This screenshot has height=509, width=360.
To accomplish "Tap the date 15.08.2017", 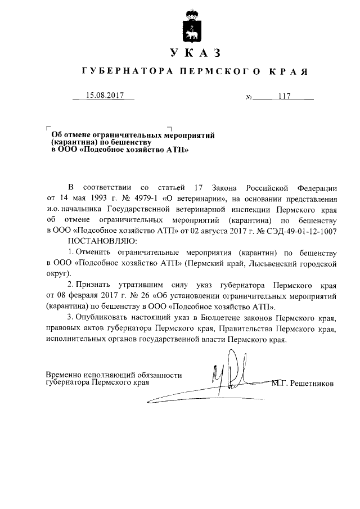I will click(x=105, y=96).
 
